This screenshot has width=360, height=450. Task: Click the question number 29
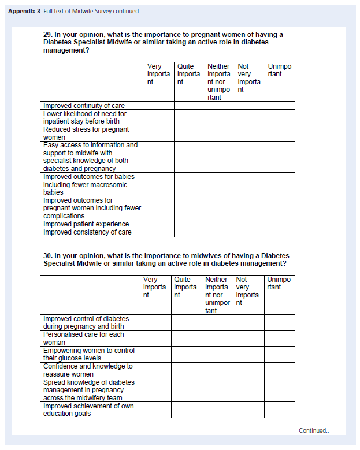(x=48, y=35)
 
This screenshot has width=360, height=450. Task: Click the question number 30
(x=48, y=255)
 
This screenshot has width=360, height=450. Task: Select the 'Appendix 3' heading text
(x=24, y=11)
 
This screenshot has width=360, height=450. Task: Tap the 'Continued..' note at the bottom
(x=314, y=430)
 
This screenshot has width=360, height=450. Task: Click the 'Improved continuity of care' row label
(x=84, y=106)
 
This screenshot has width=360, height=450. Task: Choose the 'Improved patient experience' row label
(x=86, y=224)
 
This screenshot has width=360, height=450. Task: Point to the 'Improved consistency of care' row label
(x=87, y=232)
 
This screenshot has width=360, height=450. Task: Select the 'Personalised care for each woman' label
(x=84, y=339)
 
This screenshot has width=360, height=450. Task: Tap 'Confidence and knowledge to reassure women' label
(x=88, y=370)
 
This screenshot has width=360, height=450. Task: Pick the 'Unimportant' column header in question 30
(x=279, y=283)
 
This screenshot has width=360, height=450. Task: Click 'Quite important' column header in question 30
(x=185, y=287)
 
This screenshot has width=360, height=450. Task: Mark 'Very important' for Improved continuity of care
(x=159, y=106)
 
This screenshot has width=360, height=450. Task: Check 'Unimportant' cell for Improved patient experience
(x=280, y=224)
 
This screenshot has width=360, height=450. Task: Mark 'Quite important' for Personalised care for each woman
(x=186, y=339)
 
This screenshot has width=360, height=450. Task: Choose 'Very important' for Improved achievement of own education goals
(x=155, y=410)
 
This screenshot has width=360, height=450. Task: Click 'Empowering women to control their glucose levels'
(x=88, y=354)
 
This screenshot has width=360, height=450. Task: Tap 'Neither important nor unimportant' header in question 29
(x=219, y=81)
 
